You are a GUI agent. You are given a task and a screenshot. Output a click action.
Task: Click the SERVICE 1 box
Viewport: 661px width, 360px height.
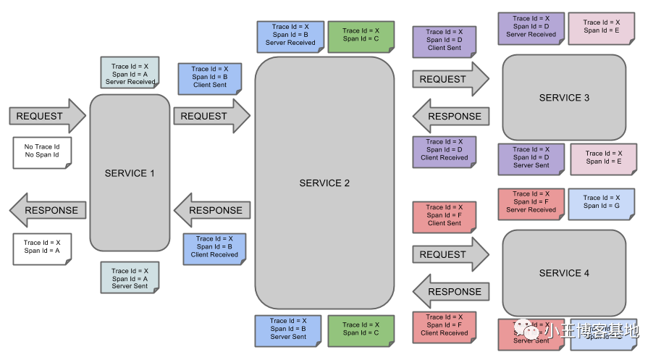click(130, 173)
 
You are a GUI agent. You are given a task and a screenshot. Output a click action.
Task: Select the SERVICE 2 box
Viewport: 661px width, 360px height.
click(324, 183)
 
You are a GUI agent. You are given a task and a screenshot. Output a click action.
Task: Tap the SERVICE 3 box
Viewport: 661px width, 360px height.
click(564, 98)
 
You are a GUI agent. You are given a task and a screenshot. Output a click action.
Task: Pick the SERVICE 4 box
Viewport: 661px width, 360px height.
click(564, 273)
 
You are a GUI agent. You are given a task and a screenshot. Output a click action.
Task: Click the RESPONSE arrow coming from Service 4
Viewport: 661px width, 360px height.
click(450, 292)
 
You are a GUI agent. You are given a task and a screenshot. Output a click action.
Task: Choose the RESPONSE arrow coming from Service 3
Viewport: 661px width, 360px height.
click(450, 117)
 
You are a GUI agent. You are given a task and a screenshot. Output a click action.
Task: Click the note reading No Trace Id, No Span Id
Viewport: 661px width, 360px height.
click(42, 151)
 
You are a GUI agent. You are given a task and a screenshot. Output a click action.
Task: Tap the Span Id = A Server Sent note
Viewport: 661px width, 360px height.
click(130, 278)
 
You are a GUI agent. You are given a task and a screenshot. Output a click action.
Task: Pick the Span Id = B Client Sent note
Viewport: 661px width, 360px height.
click(209, 78)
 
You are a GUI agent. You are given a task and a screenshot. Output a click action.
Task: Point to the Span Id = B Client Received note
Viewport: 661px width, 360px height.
click(214, 247)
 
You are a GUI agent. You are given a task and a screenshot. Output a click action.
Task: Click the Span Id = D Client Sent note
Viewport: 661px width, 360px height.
click(444, 41)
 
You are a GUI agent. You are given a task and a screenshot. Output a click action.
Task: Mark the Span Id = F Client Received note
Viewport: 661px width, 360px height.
click(444, 325)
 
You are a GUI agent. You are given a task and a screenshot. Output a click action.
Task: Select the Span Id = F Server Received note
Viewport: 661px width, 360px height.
click(531, 202)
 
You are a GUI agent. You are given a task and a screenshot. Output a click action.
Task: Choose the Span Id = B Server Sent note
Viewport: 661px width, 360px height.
click(288, 329)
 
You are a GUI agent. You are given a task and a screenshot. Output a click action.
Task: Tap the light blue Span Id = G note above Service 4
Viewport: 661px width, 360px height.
click(601, 202)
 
